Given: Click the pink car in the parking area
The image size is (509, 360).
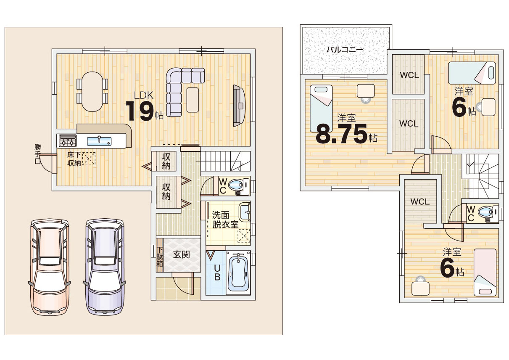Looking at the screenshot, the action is [x=50, y=267].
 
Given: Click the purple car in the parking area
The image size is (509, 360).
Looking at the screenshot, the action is [x=105, y=267].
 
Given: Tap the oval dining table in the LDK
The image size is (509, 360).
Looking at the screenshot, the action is [x=92, y=92].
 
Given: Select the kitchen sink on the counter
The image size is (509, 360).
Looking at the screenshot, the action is [x=99, y=141].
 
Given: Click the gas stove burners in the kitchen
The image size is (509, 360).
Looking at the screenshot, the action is [x=68, y=141].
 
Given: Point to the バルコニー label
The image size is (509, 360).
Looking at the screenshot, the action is [x=345, y=50].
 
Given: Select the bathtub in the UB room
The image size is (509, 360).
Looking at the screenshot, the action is [x=238, y=273].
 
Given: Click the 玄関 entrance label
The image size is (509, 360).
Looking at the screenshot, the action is [x=181, y=255].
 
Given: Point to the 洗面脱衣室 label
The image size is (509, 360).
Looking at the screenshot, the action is [x=225, y=220].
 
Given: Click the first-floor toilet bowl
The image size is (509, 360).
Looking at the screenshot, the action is [x=235, y=185].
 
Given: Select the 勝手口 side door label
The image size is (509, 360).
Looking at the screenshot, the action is [x=38, y=154].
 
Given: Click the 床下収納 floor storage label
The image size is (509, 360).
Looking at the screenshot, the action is [x=74, y=159].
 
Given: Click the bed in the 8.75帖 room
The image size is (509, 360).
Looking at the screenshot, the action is [x=321, y=109].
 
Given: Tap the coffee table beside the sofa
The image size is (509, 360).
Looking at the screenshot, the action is [x=193, y=100].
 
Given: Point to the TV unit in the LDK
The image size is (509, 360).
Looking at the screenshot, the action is [x=239, y=106].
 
